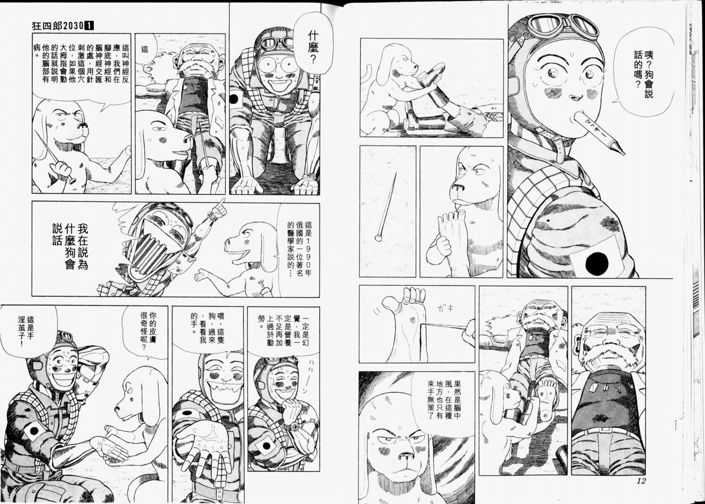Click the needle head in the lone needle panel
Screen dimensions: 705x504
pyautogui.click(x=378, y=238)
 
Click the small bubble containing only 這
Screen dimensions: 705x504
pyautogui.click(x=145, y=50)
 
